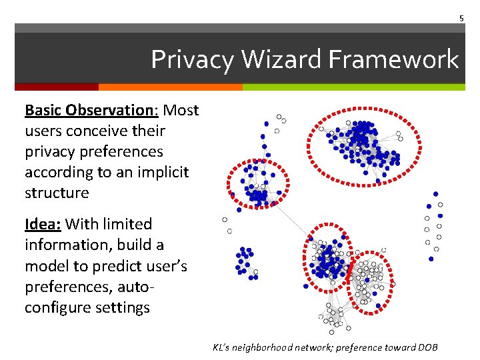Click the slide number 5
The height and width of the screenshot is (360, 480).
click(x=461, y=18)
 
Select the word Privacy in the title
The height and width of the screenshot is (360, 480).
click(x=193, y=59)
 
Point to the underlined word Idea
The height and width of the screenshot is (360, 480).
click(x=42, y=224)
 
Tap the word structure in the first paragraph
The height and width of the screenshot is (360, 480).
click(x=57, y=193)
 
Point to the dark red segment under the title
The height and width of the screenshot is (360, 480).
click(x=56, y=87)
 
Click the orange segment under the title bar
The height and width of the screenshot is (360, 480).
click(x=170, y=87)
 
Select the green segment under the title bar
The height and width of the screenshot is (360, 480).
click(x=353, y=87)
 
